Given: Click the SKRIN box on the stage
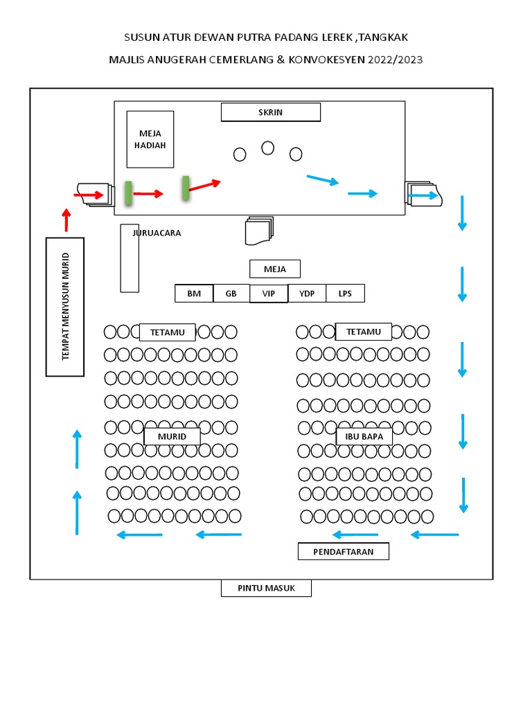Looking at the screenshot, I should (270, 112).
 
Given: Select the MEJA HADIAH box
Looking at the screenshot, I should (150, 139).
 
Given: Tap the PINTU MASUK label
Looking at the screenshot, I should (266, 589).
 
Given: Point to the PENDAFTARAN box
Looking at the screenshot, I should (343, 552).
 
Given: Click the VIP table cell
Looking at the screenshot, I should (269, 294).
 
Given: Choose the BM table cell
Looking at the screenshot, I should (194, 294).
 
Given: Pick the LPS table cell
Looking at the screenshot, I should (345, 294).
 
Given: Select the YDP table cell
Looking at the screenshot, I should (307, 294).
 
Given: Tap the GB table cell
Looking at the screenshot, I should (231, 294).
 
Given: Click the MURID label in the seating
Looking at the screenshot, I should (172, 437).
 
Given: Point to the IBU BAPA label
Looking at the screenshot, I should (364, 437).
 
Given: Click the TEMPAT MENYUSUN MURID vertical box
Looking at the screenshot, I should (65, 307).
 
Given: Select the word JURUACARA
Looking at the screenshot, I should (157, 233).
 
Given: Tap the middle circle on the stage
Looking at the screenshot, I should (267, 148).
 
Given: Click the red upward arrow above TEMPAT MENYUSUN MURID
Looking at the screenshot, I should (66, 219).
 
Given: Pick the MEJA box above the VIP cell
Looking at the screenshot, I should (275, 269).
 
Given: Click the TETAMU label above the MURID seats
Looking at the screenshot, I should (168, 332).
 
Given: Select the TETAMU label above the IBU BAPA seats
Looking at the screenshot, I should (364, 332).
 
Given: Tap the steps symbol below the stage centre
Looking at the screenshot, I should (259, 231).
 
